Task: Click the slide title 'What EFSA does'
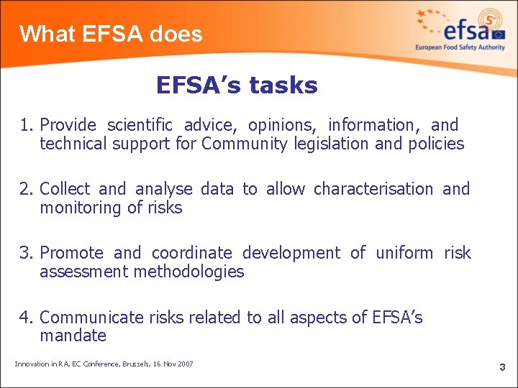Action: [111, 34]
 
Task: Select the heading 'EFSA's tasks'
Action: [237, 86]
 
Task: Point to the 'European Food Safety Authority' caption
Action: [460, 47]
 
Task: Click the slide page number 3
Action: [502, 367]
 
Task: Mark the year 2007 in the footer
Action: [183, 364]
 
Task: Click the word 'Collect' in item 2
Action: [65, 189]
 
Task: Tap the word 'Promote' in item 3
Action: [71, 253]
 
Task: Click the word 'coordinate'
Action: [191, 253]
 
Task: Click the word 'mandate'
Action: [73, 336]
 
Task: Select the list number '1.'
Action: [28, 126]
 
